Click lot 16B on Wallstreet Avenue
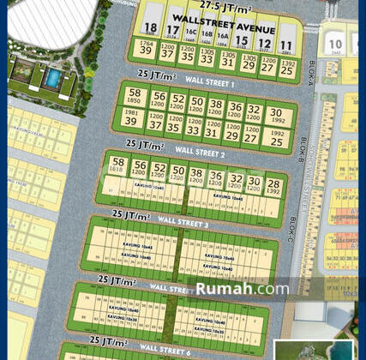click(206, 36)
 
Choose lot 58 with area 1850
click(134, 96)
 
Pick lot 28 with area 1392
click(273, 186)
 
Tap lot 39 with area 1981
click(130, 119)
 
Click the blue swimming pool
click(53, 79)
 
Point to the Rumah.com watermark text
click(242, 289)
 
